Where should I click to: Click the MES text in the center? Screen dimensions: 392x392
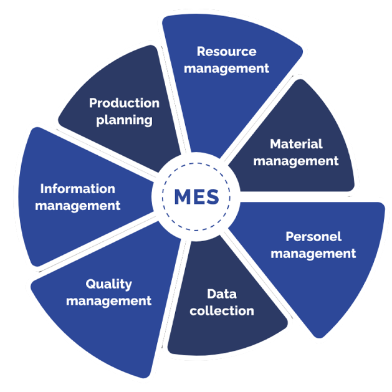click(x=196, y=197)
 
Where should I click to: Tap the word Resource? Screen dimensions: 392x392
click(x=226, y=51)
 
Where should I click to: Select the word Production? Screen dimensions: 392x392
click(x=124, y=103)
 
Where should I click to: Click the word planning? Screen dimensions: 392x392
click(x=124, y=120)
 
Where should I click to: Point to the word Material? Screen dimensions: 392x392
click(x=296, y=144)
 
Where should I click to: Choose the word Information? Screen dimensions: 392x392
click(x=77, y=188)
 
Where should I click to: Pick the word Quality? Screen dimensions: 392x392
click(x=108, y=284)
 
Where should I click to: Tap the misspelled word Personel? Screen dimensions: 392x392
click(x=313, y=237)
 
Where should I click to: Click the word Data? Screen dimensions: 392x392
click(x=221, y=293)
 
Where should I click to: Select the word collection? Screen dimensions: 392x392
click(x=222, y=310)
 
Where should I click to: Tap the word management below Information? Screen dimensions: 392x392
click(x=77, y=205)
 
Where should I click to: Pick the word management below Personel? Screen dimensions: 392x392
click(x=313, y=254)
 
